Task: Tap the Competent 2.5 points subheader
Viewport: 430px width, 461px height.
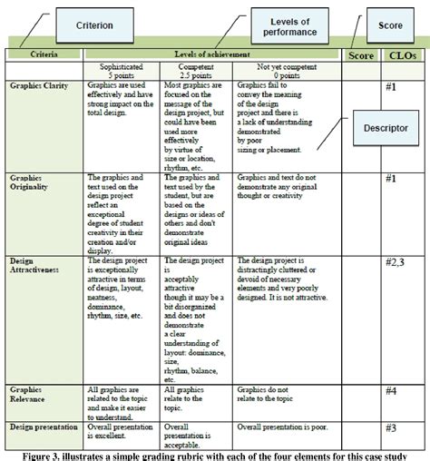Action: pyautogui.click(x=195, y=72)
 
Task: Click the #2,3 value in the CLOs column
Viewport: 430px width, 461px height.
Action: pyautogui.click(x=397, y=263)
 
